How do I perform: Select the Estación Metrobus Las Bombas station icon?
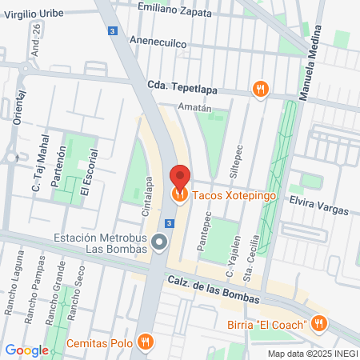coord(160,241)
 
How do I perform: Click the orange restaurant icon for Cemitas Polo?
coord(145,342)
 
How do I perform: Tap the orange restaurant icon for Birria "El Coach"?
coord(318,324)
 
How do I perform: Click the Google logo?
coord(26,350)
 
